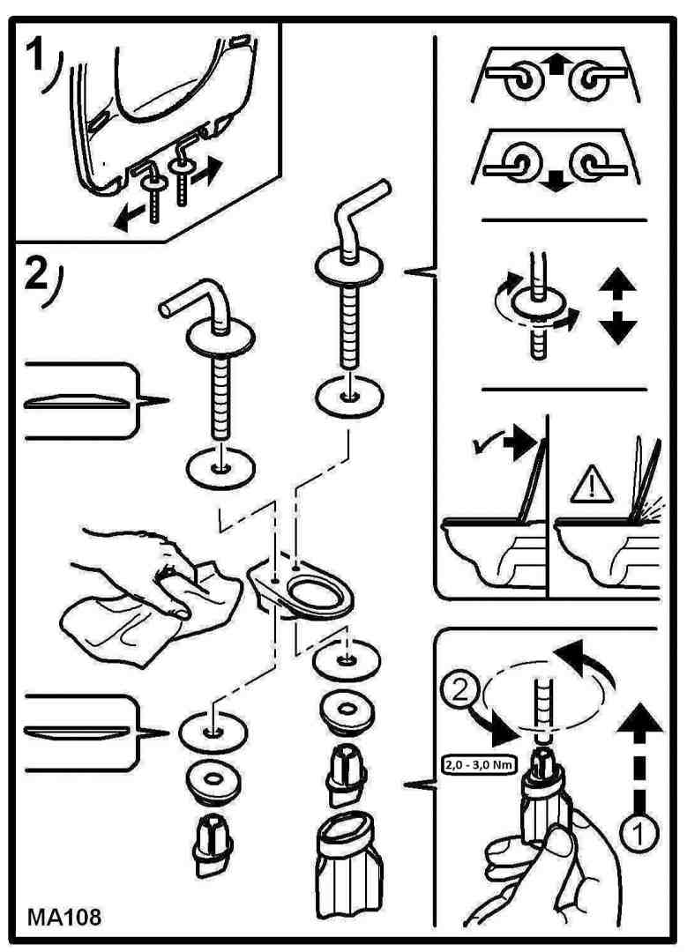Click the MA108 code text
(64, 916)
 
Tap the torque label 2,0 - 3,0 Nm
(479, 764)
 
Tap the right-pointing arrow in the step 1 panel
(207, 171)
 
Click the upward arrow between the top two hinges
(556, 63)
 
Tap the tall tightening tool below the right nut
(348, 865)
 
